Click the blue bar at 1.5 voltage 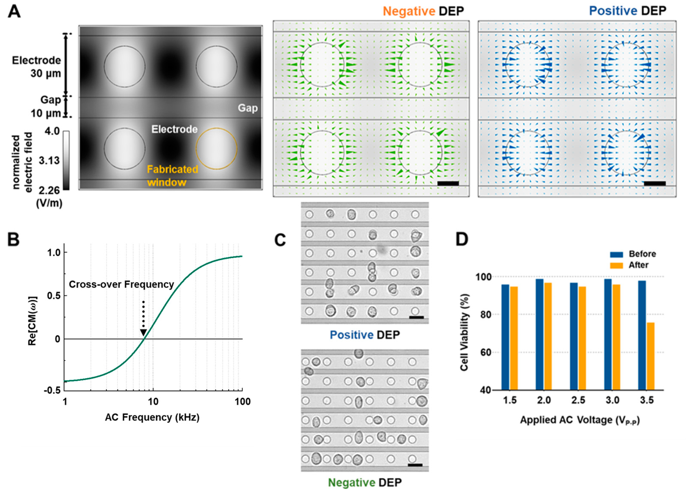[505, 337]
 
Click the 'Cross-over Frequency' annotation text [121, 284]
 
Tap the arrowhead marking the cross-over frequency [143, 333]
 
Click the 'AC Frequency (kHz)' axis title [152, 418]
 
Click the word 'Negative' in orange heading [409, 11]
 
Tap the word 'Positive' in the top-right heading [613, 11]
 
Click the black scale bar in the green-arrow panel [448, 183]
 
